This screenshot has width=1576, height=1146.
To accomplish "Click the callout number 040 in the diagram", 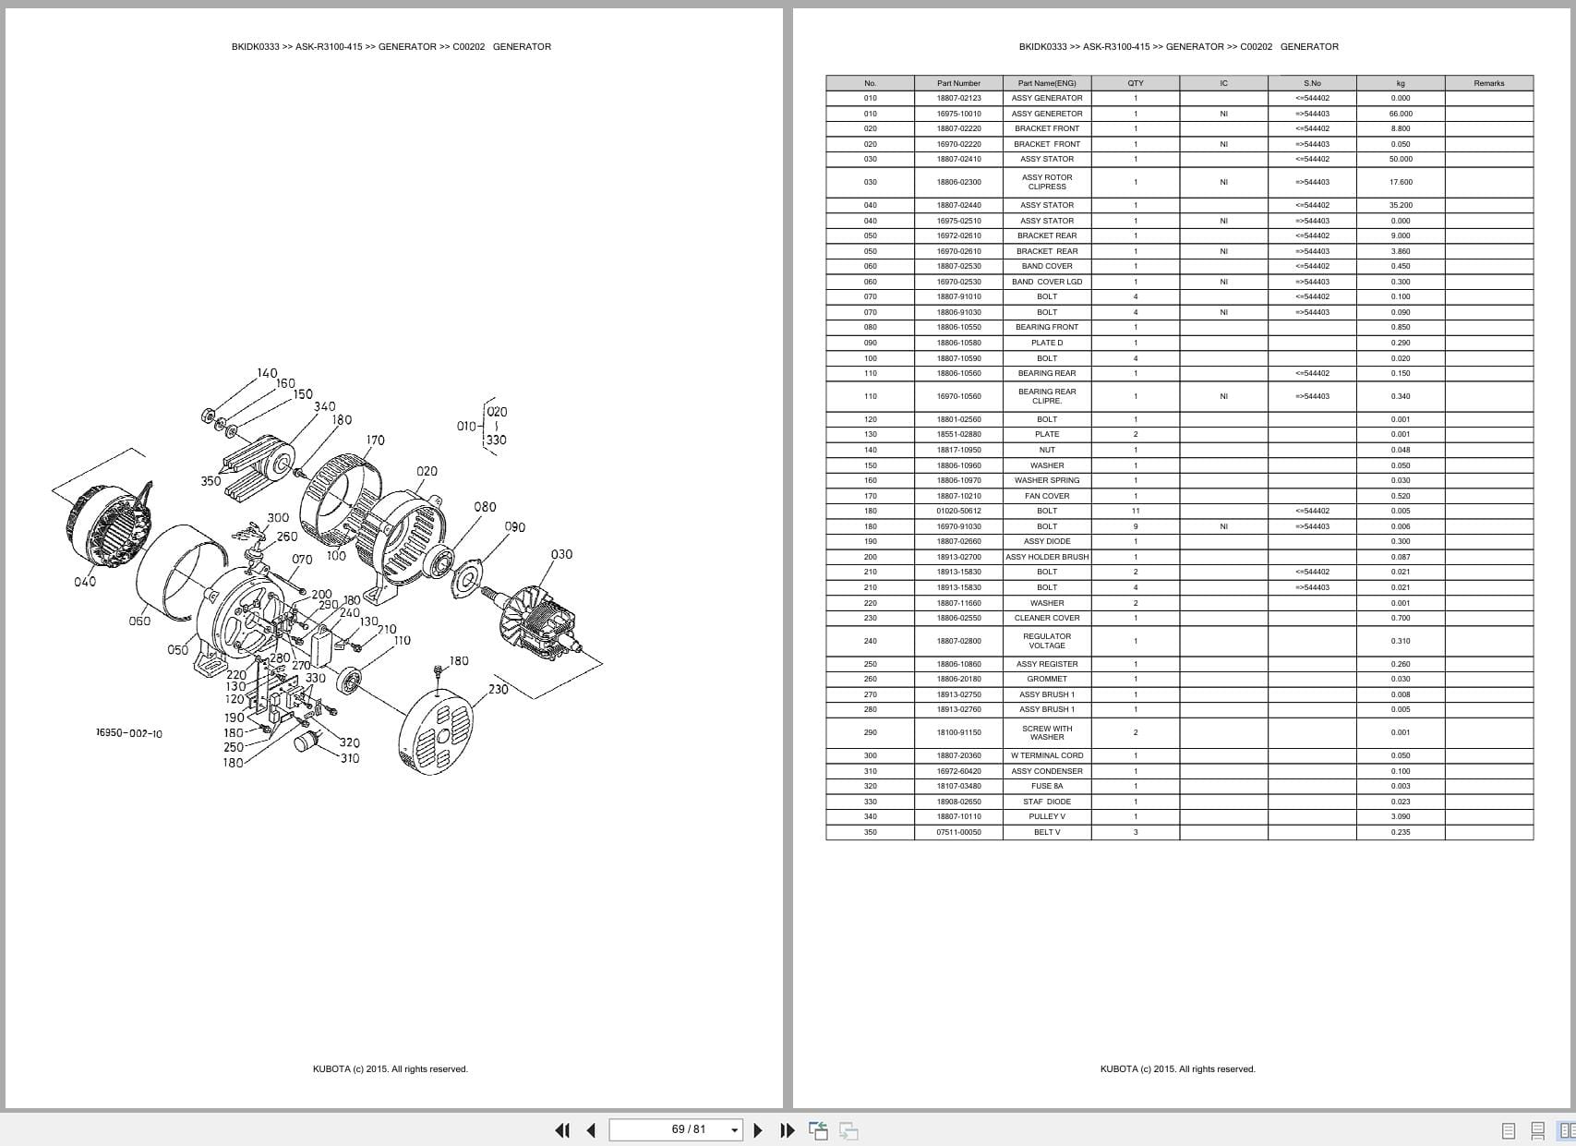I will (x=85, y=582).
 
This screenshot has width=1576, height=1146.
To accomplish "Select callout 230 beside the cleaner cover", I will (x=498, y=689).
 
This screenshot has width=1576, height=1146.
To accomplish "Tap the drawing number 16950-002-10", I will (x=129, y=733).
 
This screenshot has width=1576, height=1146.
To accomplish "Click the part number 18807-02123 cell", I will (x=958, y=98).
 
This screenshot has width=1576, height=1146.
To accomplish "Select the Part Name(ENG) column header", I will (x=1046, y=83).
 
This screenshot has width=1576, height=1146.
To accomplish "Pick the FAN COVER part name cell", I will (x=1046, y=496).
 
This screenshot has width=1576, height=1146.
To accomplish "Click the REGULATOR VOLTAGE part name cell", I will (x=1046, y=641).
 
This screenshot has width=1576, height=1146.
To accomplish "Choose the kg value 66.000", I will (x=1400, y=114).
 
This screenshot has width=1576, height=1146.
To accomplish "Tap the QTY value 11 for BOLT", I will (x=1135, y=511).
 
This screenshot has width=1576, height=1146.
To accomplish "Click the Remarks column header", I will (x=1488, y=83).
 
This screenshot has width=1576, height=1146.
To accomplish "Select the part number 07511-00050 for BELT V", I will (x=958, y=832).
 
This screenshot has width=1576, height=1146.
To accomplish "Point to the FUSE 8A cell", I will (x=1046, y=786).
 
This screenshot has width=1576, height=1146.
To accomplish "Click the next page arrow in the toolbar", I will (x=758, y=1129).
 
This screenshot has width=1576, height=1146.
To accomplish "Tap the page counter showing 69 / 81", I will (x=688, y=1129).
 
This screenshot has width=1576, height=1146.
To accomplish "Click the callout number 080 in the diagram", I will (x=485, y=507).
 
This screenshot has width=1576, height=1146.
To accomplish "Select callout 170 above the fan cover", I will (x=375, y=440).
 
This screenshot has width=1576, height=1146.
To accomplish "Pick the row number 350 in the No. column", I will (x=870, y=832).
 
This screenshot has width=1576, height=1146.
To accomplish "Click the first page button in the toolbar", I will (x=561, y=1129).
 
